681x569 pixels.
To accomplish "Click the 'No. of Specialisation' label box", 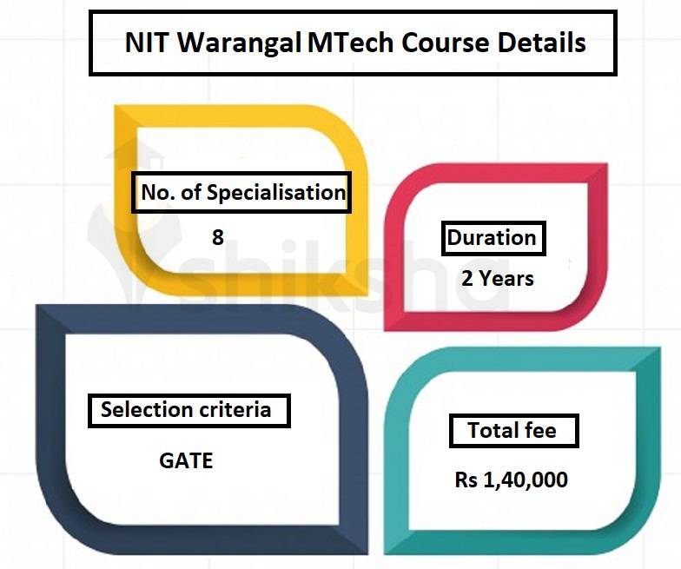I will point(241,192).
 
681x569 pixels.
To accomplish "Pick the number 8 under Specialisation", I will point(218,237).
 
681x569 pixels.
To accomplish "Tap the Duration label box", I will point(493,238).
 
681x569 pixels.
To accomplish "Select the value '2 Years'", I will point(498,279).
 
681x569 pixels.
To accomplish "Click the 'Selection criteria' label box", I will point(187,409).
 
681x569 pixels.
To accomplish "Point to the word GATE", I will point(186,460).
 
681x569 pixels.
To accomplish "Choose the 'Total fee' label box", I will point(512,430).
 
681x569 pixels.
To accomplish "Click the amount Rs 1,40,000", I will point(512,480).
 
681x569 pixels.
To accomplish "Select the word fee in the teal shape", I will point(539,430).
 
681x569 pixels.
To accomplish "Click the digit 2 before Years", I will point(468,279).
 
